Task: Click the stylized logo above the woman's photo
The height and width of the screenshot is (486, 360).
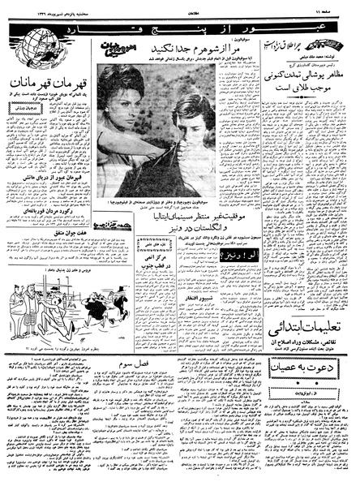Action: (119, 54)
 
